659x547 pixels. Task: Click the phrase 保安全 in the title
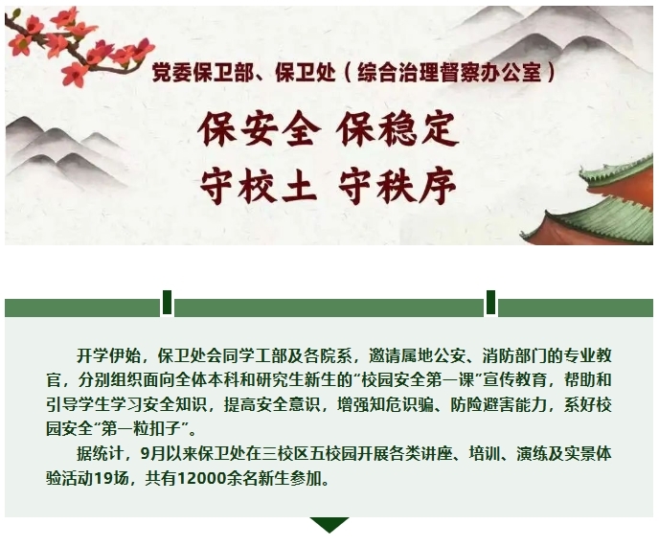[x=260, y=129]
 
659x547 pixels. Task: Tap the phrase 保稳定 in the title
[x=397, y=129]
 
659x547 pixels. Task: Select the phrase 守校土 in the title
[x=258, y=186]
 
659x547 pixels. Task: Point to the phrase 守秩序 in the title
[x=398, y=186]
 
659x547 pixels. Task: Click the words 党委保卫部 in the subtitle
[x=203, y=72]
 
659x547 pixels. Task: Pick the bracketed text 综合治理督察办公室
[x=449, y=72]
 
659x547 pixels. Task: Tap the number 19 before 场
[x=103, y=478]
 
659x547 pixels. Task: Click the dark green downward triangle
[x=329, y=523]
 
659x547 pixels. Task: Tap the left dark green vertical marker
[x=167, y=302]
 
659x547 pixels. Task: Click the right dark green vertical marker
[x=490, y=302]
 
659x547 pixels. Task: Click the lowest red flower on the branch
[x=75, y=75]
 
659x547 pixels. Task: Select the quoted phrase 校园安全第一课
[x=418, y=380]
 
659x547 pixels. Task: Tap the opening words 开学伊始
[x=108, y=356]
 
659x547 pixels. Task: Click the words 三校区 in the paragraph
[x=285, y=454]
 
